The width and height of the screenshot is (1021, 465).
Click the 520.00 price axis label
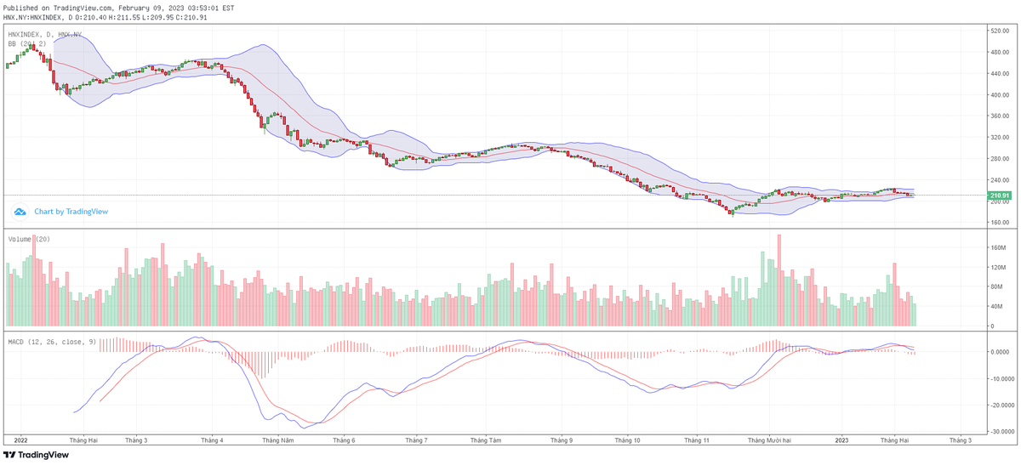(x=1000, y=31)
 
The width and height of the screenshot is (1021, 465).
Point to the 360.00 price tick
(x=1000, y=138)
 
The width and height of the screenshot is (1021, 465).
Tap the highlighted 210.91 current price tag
(x=999, y=196)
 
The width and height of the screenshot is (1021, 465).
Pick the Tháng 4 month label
(x=212, y=441)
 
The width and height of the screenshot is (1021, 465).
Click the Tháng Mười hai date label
(x=769, y=441)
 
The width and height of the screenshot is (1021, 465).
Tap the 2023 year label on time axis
(x=841, y=441)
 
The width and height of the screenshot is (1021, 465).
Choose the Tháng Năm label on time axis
(x=277, y=441)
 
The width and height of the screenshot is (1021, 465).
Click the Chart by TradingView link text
(x=71, y=212)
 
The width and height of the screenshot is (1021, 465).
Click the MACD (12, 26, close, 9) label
(x=51, y=342)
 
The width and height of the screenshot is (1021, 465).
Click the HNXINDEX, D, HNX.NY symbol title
(x=44, y=35)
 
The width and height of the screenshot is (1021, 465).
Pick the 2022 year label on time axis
(x=21, y=441)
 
